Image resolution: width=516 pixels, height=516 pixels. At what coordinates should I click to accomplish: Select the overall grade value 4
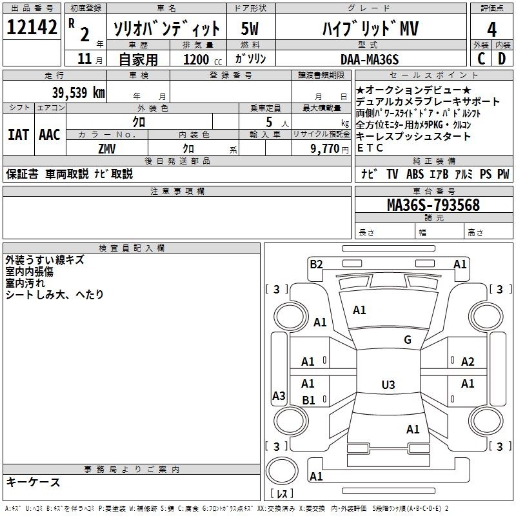click(492, 29)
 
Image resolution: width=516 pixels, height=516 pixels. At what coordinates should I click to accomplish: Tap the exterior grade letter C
click(481, 59)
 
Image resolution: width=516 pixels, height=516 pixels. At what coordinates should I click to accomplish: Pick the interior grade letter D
click(502, 59)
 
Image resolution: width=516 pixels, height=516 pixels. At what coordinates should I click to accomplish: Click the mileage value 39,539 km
click(78, 92)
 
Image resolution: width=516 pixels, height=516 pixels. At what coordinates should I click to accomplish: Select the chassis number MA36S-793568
click(433, 205)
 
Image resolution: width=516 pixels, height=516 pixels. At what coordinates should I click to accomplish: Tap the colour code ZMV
click(107, 148)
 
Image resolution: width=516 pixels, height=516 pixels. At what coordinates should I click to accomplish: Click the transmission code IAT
click(18, 135)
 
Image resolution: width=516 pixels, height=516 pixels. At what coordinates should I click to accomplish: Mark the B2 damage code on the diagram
click(316, 263)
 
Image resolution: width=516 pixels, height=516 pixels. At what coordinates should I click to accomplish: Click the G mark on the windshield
click(408, 340)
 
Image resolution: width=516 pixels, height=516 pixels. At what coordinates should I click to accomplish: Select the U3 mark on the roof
click(388, 385)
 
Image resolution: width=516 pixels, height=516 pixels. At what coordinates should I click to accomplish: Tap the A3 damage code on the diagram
click(279, 396)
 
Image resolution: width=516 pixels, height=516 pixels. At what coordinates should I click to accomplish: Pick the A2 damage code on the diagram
click(468, 362)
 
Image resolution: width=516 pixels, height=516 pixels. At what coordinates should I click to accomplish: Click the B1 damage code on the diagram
click(308, 400)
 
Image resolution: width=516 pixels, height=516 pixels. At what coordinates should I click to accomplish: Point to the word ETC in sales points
click(370, 148)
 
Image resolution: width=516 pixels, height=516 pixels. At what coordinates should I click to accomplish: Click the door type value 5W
click(250, 29)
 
